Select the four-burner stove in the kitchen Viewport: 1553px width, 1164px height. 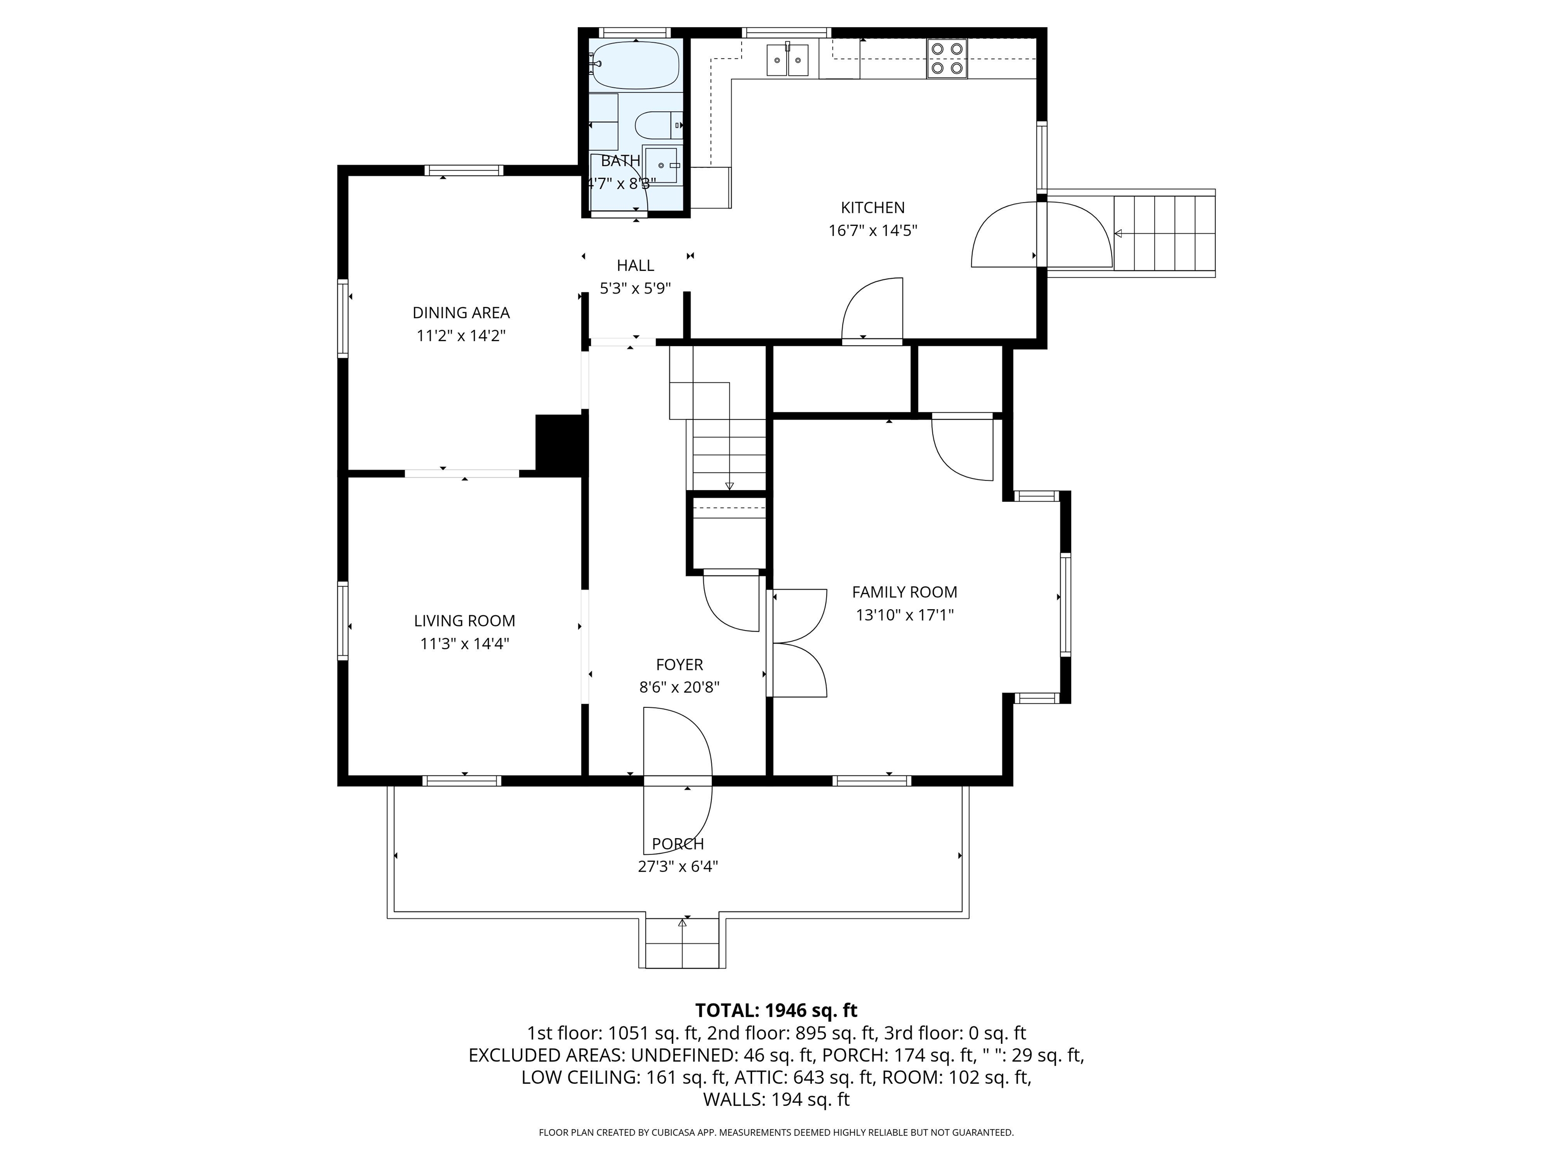(x=946, y=58)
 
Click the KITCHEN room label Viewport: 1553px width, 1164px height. (x=873, y=208)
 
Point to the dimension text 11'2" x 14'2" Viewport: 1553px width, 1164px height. (x=461, y=335)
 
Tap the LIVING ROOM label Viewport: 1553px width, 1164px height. (x=464, y=620)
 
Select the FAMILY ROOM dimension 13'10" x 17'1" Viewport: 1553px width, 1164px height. (x=904, y=615)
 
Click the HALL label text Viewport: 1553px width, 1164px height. (x=635, y=265)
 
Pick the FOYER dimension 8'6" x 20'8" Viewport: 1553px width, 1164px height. (x=679, y=687)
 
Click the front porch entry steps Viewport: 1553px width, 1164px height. (x=682, y=944)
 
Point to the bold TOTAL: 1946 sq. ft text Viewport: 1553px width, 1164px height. (x=776, y=1010)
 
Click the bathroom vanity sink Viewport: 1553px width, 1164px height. (x=661, y=166)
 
